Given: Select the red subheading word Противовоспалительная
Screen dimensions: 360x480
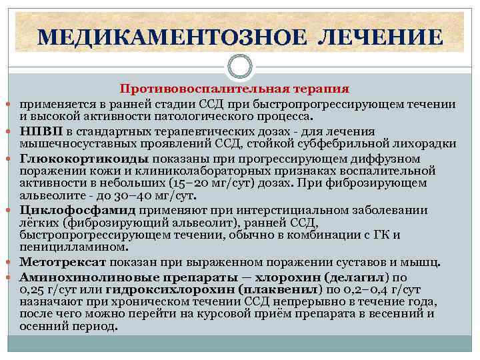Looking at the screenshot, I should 193,89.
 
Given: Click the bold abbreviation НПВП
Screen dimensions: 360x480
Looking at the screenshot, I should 41,131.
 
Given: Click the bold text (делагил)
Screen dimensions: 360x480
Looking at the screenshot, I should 363,277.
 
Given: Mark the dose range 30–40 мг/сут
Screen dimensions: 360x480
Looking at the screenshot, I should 159,197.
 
